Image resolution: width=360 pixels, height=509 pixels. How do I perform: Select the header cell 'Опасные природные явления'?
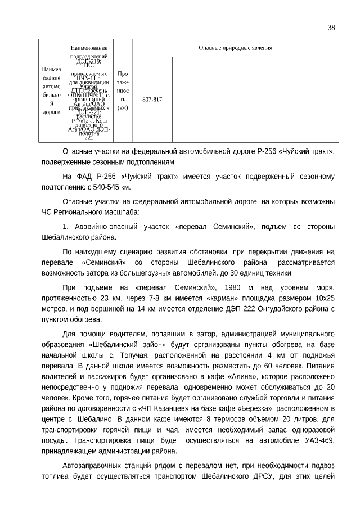click(x=235, y=48)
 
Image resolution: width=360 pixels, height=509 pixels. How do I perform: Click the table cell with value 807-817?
click(x=152, y=99)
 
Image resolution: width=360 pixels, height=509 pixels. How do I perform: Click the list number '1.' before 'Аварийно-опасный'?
click(x=65, y=226)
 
